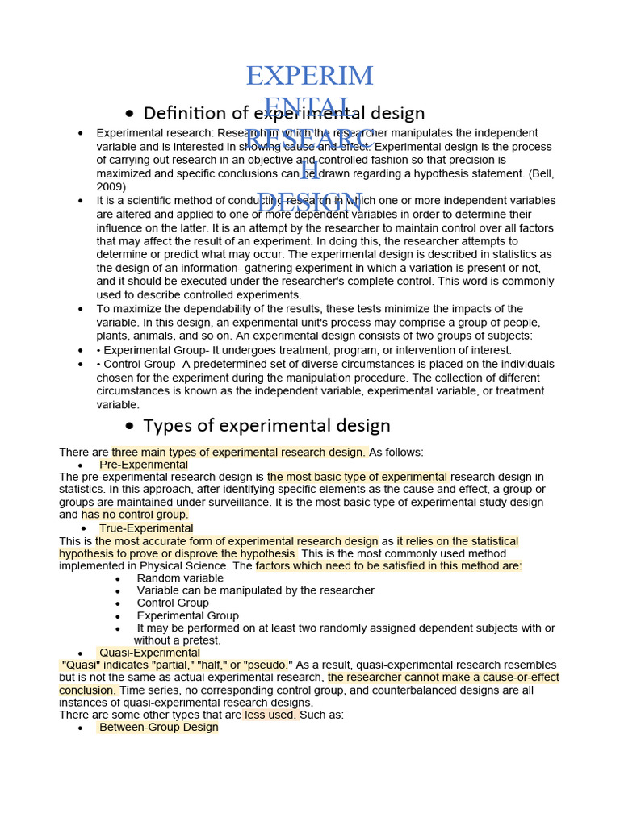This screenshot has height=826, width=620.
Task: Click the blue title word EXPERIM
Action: point(310,76)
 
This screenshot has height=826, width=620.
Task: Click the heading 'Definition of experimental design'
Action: point(283,113)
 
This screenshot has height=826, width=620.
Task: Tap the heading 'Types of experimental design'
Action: point(266,425)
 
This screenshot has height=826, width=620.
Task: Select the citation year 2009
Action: point(110,186)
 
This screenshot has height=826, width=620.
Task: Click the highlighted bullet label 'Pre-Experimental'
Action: point(144,465)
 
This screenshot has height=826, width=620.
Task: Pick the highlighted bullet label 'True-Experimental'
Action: point(146,528)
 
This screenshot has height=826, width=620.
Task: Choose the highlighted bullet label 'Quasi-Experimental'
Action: point(149,653)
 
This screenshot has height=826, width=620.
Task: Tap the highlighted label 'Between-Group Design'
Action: point(158,727)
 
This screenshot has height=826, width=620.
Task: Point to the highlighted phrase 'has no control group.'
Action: point(135,515)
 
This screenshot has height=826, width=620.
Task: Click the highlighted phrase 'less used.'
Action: point(271,715)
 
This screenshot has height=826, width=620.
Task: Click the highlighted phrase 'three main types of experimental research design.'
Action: point(239,452)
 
